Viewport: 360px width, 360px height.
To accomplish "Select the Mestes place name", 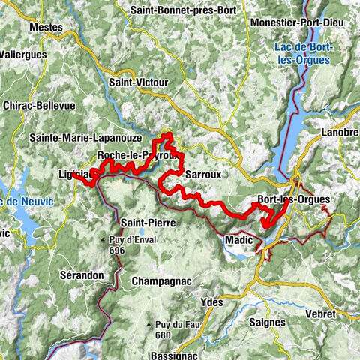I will click(45, 27).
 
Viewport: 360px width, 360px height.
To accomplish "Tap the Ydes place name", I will click(214, 301).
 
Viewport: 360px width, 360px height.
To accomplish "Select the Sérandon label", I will click(81, 275).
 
